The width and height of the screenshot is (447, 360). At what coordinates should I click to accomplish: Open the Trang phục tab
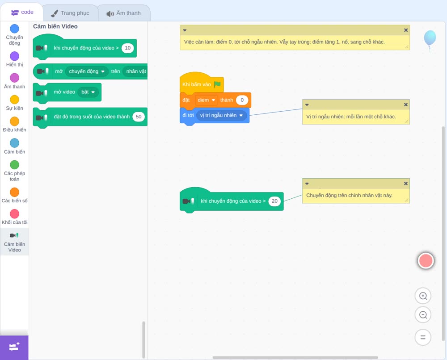(71, 13)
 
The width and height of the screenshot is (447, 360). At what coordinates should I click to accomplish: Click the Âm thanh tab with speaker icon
(124, 13)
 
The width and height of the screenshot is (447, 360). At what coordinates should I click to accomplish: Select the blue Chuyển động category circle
(15, 29)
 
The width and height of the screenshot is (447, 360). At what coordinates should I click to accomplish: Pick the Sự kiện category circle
(15, 100)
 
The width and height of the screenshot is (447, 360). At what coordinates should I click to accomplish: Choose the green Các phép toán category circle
(15, 165)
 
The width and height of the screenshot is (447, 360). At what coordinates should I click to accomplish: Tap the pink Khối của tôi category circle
(15, 213)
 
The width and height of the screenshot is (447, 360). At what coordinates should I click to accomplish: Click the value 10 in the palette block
(128, 48)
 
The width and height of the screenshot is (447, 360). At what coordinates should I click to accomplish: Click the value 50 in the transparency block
(139, 117)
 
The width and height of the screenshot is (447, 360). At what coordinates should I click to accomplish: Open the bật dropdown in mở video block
(88, 92)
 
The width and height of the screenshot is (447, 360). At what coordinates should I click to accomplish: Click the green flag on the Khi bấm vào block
(217, 84)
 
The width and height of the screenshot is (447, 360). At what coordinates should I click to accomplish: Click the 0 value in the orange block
(242, 100)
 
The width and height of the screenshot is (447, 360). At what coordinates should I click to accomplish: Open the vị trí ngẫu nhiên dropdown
(222, 115)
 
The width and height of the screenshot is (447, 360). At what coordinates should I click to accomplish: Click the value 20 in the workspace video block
(274, 201)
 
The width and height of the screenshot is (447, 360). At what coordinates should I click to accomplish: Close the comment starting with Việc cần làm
(406, 30)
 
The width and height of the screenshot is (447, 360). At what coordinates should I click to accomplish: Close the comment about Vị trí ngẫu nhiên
(406, 105)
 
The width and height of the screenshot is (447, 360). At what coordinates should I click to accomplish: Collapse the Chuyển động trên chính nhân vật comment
(307, 184)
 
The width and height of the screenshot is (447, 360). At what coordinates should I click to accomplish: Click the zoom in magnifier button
(423, 296)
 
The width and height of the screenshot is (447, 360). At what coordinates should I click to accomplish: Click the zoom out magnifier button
(423, 315)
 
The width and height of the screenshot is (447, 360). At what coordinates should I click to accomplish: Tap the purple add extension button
(14, 347)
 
